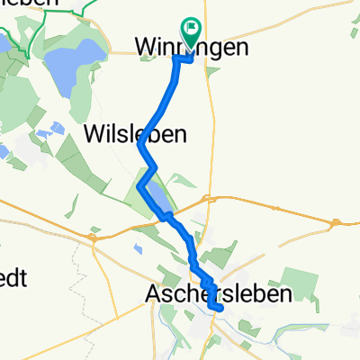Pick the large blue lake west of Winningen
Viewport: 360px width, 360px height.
click(x=67, y=63)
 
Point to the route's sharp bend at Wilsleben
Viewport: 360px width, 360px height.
click(x=139, y=143)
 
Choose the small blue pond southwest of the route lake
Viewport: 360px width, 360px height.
click(x=137, y=248)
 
